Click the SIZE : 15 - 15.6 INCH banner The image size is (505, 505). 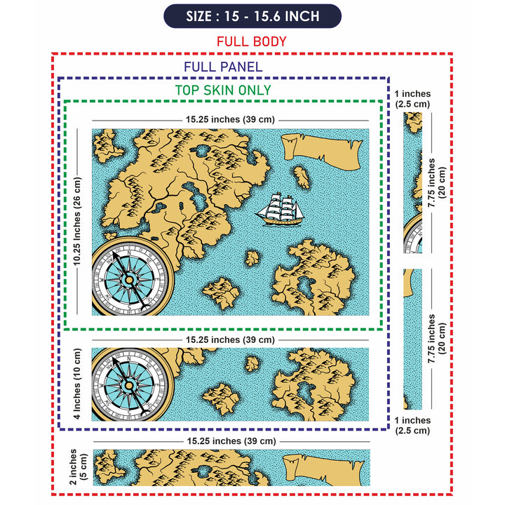point(252,16)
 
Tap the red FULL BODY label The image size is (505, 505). point(252,41)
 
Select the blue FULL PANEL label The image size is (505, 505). point(223,67)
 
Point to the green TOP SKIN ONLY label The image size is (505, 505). point(223,90)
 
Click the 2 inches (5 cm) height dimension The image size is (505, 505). point(78,467)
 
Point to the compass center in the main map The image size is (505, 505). point(129,279)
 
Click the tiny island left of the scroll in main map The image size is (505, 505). point(302,177)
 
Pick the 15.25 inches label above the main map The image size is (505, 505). point(230,120)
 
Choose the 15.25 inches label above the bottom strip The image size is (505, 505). point(230,441)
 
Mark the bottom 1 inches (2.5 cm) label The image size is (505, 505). point(412,426)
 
